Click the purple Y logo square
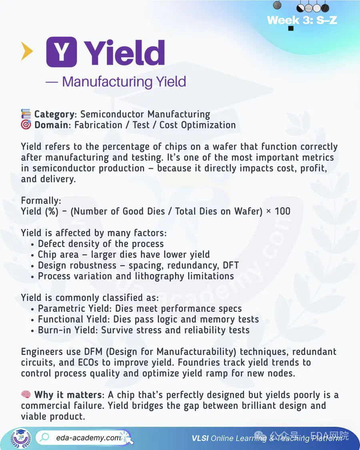point(62,52)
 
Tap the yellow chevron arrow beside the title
point(27,52)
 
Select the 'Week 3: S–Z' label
point(302,20)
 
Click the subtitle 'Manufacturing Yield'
point(124,82)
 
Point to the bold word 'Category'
point(54,114)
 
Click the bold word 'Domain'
point(51,125)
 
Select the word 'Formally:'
point(41,200)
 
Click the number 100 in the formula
point(282,211)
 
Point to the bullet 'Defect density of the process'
point(101,244)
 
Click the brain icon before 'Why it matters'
point(26,395)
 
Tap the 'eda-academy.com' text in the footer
point(88,438)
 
